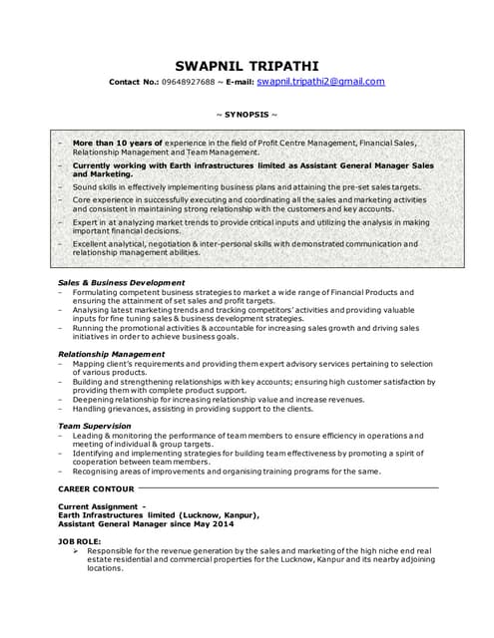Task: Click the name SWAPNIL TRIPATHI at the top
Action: coord(247,65)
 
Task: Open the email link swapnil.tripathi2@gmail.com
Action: coord(320,82)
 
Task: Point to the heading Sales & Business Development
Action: coord(121,282)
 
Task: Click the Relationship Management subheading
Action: coord(111,354)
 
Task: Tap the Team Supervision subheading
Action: coord(95,426)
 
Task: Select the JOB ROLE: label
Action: coord(80,540)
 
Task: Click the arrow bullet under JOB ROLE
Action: coord(77,550)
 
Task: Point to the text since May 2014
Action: coord(195,523)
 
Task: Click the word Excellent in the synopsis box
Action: coord(93,243)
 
